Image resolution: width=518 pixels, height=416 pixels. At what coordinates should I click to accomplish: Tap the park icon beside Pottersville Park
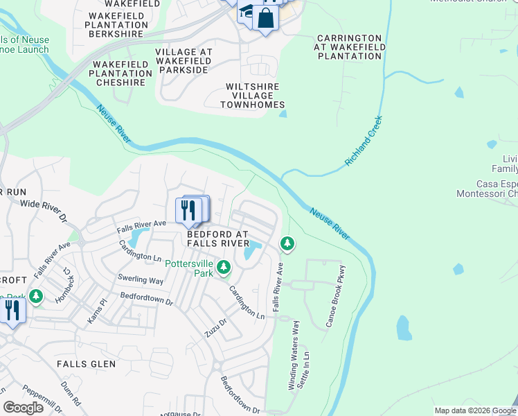224,267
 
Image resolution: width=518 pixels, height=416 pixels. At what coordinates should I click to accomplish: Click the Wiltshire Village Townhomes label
252,96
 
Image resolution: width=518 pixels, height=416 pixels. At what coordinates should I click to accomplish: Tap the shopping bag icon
265,18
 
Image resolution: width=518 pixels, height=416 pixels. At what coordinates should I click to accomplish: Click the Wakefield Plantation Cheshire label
120,73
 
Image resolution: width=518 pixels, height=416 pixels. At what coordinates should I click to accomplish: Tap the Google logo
24,408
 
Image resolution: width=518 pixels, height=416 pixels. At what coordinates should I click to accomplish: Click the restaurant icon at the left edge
12,311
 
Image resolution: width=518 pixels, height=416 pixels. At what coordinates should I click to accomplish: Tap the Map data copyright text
474,410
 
